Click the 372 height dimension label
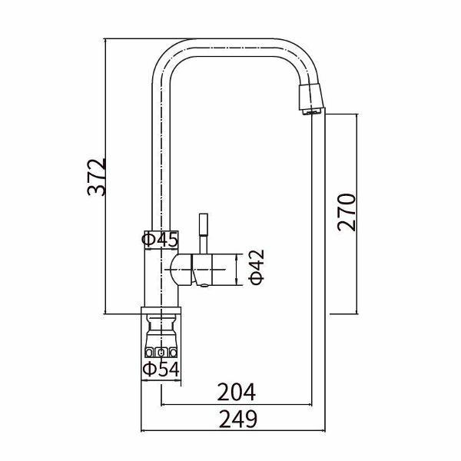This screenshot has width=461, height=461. pyautogui.click(x=97, y=177)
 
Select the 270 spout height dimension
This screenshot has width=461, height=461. pyautogui.click(x=347, y=212)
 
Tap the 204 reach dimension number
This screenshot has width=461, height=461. pyautogui.click(x=237, y=392)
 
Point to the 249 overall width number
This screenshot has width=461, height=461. pyautogui.click(x=238, y=419)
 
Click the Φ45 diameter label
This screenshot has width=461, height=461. pyautogui.click(x=160, y=240)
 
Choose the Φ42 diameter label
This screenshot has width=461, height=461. pyautogui.click(x=257, y=267)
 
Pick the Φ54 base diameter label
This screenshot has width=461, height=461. pyautogui.click(x=161, y=369)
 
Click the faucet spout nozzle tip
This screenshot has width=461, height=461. pyautogui.click(x=312, y=98)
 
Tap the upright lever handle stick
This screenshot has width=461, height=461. pyautogui.click(x=204, y=234)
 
